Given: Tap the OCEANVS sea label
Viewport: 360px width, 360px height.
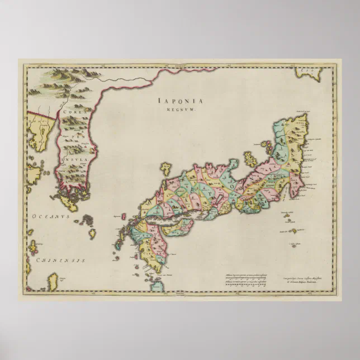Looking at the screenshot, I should click(50, 216).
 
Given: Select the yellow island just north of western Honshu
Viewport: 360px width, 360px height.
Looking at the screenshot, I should click(165, 167).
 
